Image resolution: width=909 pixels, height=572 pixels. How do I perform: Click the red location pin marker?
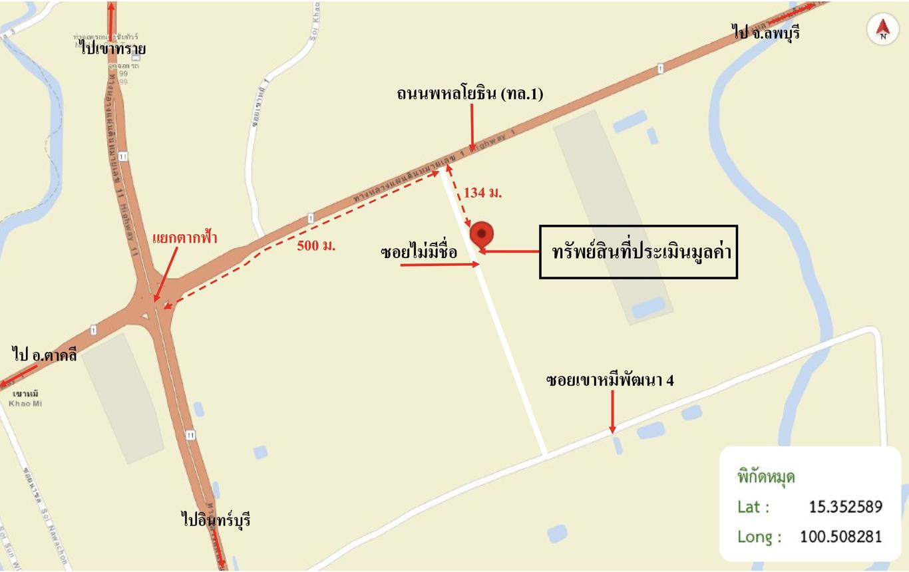(x=482, y=235)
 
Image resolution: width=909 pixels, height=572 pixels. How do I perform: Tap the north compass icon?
(x=883, y=30)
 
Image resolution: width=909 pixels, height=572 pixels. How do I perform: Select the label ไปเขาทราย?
(x=112, y=48)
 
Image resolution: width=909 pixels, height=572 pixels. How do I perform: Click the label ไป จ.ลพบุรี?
(x=765, y=32)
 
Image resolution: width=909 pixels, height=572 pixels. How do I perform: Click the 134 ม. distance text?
(x=483, y=193)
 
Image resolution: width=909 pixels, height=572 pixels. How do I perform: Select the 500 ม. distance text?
(x=316, y=245)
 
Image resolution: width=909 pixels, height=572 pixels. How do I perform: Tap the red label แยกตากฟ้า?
(x=185, y=237)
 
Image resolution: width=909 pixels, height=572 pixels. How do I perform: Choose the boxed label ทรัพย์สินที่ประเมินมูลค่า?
(x=638, y=252)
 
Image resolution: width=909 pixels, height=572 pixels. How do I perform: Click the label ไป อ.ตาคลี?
(x=45, y=355)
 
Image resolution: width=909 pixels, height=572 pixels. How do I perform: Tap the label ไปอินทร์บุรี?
(x=216, y=519)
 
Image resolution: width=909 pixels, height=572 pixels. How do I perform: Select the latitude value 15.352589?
(x=845, y=507)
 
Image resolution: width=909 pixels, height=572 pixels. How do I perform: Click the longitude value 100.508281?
(x=840, y=536)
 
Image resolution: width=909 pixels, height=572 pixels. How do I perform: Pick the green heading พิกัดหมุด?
(x=766, y=477)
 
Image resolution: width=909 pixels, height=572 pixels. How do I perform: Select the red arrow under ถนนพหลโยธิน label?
(x=472, y=128)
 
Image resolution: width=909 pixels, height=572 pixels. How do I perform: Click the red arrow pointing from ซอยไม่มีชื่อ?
(x=440, y=265)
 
